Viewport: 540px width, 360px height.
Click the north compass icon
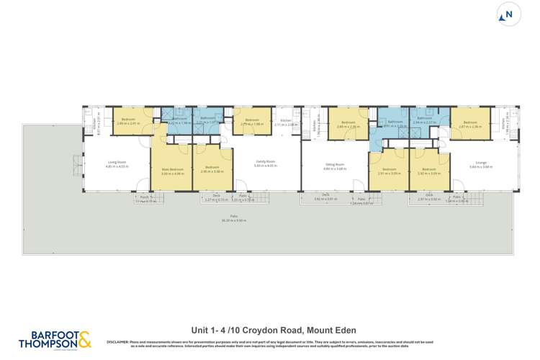tap(508, 15)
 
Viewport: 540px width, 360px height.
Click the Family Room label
tap(265, 163)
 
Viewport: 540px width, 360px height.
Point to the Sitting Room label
tap(335, 165)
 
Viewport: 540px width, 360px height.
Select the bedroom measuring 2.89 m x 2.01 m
tap(129, 120)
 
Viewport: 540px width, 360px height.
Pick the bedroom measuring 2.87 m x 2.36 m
tap(470, 122)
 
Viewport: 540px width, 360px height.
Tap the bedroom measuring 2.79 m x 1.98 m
tap(251, 121)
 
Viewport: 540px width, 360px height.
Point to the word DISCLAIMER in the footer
tap(118, 341)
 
